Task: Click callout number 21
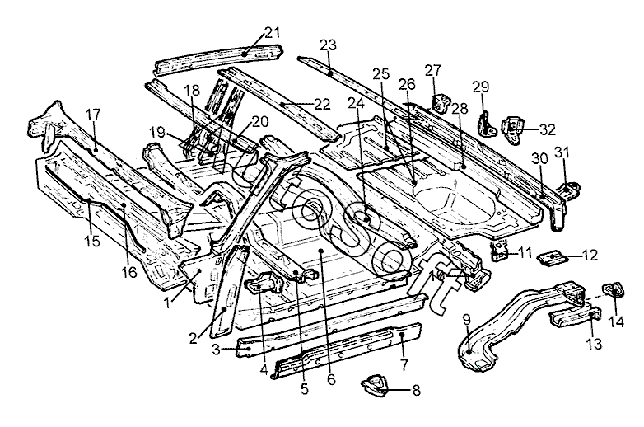pos(272,32)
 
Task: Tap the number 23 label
pos(328,45)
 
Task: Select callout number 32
pos(548,129)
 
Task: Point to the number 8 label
pos(417,390)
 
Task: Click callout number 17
pos(93,115)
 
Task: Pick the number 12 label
pos(590,256)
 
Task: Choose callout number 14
pos(616,321)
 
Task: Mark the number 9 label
pos(467,319)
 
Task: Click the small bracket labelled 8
pos(375,386)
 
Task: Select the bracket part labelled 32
pos(512,130)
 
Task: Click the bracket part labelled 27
pos(441,103)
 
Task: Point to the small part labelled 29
pos(487,124)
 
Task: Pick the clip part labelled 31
pos(569,189)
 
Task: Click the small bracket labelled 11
pos(499,251)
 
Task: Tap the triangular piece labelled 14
pos(613,290)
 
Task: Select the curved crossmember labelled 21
pos(217,59)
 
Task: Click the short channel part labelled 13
pos(574,316)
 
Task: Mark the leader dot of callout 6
pos(321,250)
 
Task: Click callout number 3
pos(216,350)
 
